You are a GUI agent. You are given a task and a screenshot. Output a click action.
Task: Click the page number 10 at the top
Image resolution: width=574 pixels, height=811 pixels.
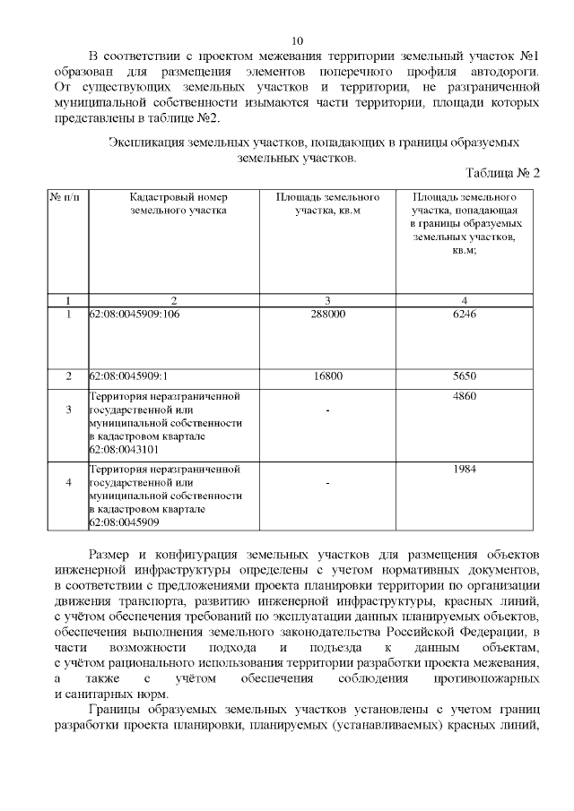click(298, 40)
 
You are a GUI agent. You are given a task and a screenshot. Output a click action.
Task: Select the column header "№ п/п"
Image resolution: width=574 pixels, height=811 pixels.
click(66, 196)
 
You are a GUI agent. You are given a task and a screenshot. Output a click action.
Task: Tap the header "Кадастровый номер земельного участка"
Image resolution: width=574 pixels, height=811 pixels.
click(174, 203)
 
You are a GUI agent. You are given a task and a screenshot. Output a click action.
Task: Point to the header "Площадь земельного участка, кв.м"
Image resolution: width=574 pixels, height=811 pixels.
click(327, 203)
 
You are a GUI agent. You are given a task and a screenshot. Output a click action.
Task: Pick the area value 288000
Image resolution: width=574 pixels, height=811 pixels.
click(327, 315)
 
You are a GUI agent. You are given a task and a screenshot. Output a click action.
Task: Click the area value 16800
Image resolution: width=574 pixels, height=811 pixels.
click(327, 376)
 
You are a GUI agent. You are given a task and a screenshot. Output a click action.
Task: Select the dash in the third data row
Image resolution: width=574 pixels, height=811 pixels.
click(327, 410)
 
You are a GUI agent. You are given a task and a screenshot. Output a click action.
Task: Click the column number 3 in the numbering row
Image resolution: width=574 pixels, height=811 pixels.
click(327, 299)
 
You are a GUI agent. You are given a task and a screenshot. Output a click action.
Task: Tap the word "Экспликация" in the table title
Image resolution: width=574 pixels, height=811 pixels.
click(143, 142)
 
